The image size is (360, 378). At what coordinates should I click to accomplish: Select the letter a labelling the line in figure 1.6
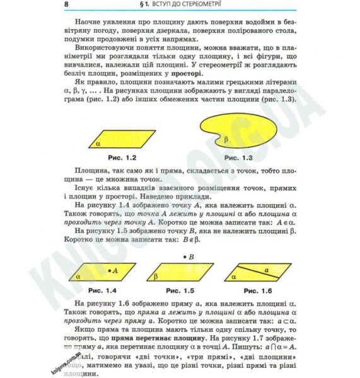(x=265, y=268)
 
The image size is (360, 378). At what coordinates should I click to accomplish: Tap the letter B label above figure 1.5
(x=190, y=256)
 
